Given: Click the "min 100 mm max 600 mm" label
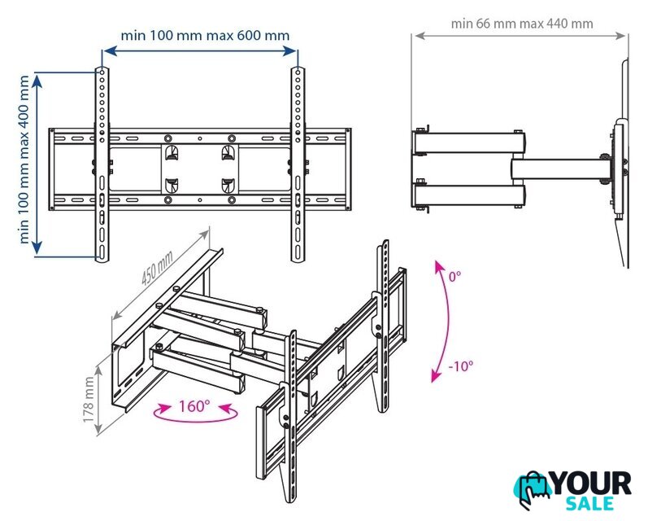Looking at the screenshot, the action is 205,36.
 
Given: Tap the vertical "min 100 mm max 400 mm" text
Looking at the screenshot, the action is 24,160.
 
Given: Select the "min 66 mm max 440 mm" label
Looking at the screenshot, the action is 522,24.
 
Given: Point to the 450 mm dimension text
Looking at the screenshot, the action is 157,268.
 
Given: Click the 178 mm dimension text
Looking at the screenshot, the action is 89,400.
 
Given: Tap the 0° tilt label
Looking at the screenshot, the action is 455,276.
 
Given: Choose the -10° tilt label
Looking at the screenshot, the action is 461,366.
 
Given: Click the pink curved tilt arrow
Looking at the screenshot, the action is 446,321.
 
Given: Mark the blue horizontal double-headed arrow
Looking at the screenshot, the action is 200,51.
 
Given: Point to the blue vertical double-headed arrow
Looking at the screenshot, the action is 37,164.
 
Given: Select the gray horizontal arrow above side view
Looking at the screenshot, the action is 520,36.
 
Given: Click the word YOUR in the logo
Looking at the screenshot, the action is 592,484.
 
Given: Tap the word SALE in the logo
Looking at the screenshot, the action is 589,504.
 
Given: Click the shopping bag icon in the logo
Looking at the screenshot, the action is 533,489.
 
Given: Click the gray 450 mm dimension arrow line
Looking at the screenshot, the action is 160,275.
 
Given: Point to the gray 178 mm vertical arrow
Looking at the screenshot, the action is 98,401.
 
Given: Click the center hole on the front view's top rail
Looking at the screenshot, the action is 200,138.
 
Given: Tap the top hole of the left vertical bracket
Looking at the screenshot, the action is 102,72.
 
